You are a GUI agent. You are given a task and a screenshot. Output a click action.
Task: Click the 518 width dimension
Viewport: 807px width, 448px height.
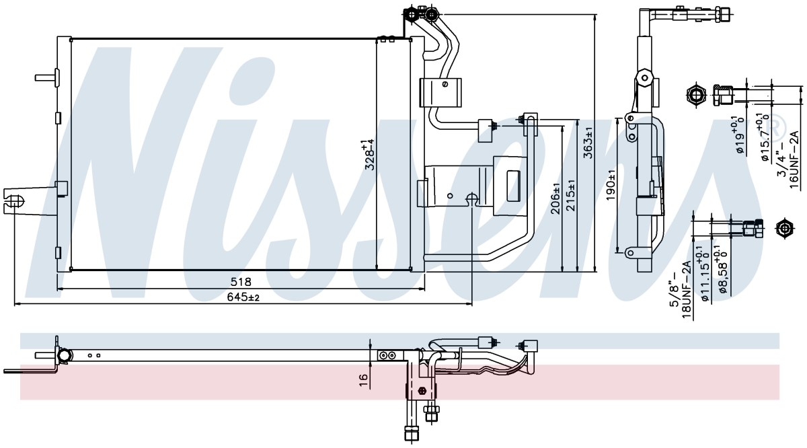coord(241,281)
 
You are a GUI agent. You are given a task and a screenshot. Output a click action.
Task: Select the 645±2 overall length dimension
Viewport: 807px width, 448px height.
coord(243,297)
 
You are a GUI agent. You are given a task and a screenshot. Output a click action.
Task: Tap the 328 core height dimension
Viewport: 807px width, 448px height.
coord(369,155)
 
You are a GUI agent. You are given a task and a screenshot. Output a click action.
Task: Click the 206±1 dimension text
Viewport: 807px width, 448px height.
coord(556,198)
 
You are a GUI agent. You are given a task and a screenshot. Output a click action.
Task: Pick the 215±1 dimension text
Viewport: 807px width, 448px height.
coord(571,195)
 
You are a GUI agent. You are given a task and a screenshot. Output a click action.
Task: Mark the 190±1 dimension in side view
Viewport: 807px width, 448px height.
coord(611,186)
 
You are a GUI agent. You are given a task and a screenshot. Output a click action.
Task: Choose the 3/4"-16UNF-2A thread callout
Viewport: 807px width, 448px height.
coord(788,159)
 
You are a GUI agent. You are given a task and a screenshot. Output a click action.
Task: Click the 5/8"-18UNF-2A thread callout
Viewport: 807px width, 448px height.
coord(680,289)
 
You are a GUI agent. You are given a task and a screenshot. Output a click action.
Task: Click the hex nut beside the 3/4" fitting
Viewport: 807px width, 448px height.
coord(696,95)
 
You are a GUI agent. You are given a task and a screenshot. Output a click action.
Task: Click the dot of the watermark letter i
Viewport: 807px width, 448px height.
coord(251,83)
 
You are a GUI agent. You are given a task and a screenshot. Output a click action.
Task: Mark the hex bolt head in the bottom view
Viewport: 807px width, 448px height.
coord(421,391)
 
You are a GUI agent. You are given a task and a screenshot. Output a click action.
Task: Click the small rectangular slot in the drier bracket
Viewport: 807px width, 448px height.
coord(513,186)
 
